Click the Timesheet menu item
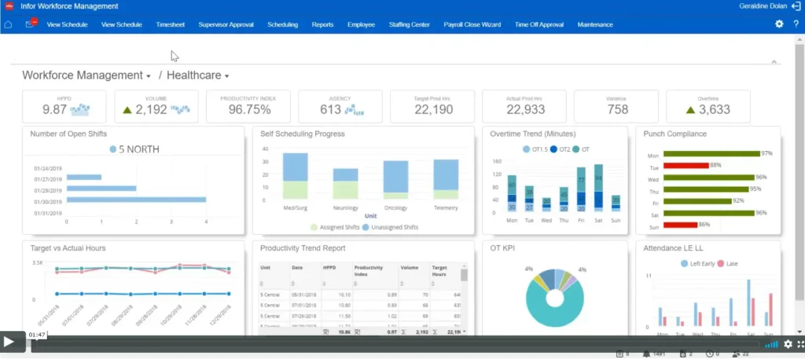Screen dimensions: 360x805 tap(170, 24)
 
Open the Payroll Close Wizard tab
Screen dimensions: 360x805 tap(472, 24)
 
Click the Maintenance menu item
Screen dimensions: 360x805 tap(595, 24)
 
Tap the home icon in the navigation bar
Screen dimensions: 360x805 tap(9, 24)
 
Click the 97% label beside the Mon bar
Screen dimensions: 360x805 tap(766, 153)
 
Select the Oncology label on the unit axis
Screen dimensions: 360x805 tap(395, 208)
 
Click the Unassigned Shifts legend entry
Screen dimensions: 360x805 tap(392, 227)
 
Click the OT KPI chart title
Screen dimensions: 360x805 tap(505, 248)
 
